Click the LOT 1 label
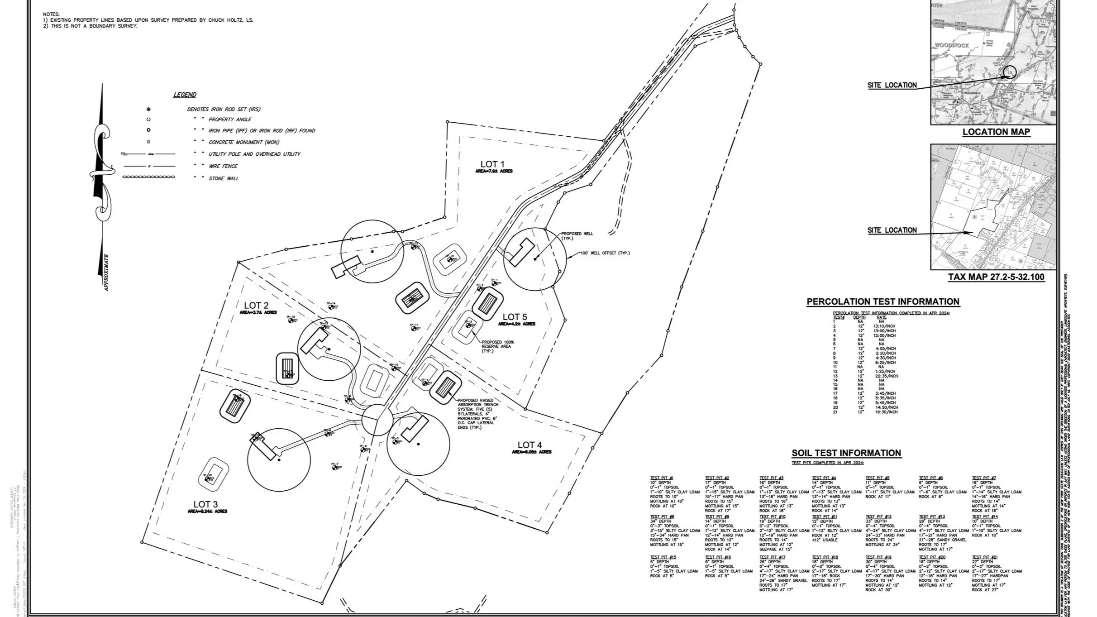click(492, 164)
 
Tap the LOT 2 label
click(256, 306)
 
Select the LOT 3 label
click(205, 504)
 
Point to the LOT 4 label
click(529, 445)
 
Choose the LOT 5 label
click(515, 317)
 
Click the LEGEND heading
click(185, 95)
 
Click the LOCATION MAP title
click(996, 132)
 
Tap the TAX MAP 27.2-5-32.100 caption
click(996, 277)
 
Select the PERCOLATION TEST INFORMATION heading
click(882, 301)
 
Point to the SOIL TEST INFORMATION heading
click(846, 453)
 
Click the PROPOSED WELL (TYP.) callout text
click(577, 236)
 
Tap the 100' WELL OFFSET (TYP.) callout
click(605, 253)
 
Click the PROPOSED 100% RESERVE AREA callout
click(497, 346)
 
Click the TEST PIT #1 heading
click(662, 478)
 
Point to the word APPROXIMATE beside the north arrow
click(106, 273)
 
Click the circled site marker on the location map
click(1009, 72)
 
